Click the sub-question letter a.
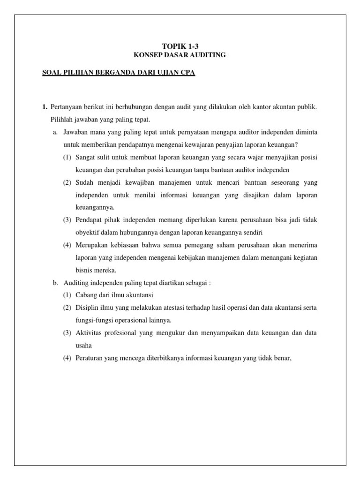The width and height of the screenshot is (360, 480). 55,132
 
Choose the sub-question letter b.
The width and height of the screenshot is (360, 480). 55,283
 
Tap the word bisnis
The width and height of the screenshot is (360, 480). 83,270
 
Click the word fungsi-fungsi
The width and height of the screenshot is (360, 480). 98,320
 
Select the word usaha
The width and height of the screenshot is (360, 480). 83,345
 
